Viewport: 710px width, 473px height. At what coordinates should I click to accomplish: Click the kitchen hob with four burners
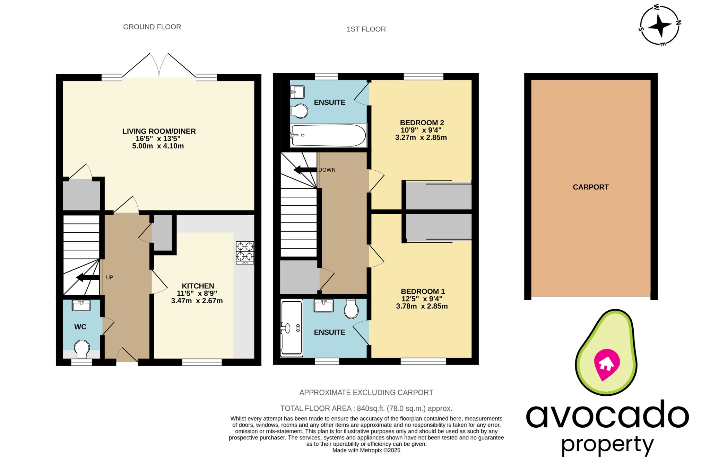tap(245, 252)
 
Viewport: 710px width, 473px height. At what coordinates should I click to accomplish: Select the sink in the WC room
tap(81, 305)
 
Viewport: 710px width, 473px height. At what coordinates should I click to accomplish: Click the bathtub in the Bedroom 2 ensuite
tap(328, 135)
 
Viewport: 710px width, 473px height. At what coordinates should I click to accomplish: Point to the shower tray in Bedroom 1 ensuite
tap(291, 328)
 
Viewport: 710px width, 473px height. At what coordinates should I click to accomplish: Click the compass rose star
tap(659, 26)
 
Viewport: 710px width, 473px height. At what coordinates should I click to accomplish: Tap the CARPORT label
tap(590, 187)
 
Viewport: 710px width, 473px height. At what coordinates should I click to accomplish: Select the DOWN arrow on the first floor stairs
tap(305, 170)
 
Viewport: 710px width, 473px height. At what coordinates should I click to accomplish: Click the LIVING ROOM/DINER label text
tap(159, 131)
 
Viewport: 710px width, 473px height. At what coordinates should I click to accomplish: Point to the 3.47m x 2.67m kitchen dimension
tap(197, 301)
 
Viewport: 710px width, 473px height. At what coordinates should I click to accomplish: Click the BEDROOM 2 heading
tap(422, 123)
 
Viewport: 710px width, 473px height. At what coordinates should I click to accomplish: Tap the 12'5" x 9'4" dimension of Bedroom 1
tap(422, 299)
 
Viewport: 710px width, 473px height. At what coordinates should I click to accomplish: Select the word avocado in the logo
tap(607, 415)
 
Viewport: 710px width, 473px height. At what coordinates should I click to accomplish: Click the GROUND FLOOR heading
tap(152, 27)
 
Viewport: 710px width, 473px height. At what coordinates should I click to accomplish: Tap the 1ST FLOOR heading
tap(366, 29)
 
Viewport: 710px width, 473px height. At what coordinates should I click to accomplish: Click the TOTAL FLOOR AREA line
tap(366, 408)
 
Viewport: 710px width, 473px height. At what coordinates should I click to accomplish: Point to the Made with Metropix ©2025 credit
tap(366, 450)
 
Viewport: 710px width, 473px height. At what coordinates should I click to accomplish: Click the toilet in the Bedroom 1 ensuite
tap(351, 309)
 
